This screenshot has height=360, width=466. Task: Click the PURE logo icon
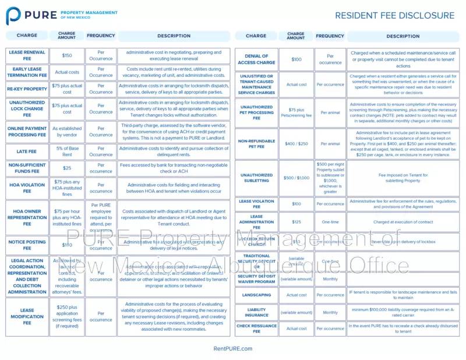pyautogui.click(x=14, y=15)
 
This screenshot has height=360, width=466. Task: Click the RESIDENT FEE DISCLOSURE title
pyautogui.click(x=394, y=15)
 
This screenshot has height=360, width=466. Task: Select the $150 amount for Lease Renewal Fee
pyautogui.click(x=67, y=55)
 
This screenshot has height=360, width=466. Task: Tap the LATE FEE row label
pyautogui.click(x=27, y=151)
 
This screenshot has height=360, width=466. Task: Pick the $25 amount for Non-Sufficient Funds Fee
pyautogui.click(x=67, y=168)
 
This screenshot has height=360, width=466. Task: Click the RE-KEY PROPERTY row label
pyautogui.click(x=27, y=89)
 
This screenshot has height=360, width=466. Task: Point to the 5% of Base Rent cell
pyautogui.click(x=67, y=151)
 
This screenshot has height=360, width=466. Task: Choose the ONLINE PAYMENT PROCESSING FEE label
pyautogui.click(x=27, y=131)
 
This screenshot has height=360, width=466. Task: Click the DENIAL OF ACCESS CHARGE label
pyautogui.click(x=256, y=59)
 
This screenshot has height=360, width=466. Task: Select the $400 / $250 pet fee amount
pyautogui.click(x=296, y=143)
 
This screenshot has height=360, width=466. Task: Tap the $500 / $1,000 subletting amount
pyautogui.click(x=296, y=178)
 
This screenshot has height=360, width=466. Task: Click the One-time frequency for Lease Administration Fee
pyautogui.click(x=330, y=222)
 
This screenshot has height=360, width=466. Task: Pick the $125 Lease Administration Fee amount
pyautogui.click(x=296, y=222)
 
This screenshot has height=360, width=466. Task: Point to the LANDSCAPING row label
pyautogui.click(x=256, y=295)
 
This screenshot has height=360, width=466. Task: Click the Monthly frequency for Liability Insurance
pyautogui.click(x=330, y=312)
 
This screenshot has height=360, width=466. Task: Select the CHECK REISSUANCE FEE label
pyautogui.click(x=256, y=329)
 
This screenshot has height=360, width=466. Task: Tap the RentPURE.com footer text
pyautogui.click(x=233, y=348)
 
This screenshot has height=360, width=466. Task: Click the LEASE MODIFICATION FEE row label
pyautogui.click(x=27, y=316)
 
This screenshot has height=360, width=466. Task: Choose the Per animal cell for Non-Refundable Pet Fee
pyautogui.click(x=330, y=143)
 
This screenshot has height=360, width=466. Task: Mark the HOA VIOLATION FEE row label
pyautogui.click(x=27, y=188)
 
